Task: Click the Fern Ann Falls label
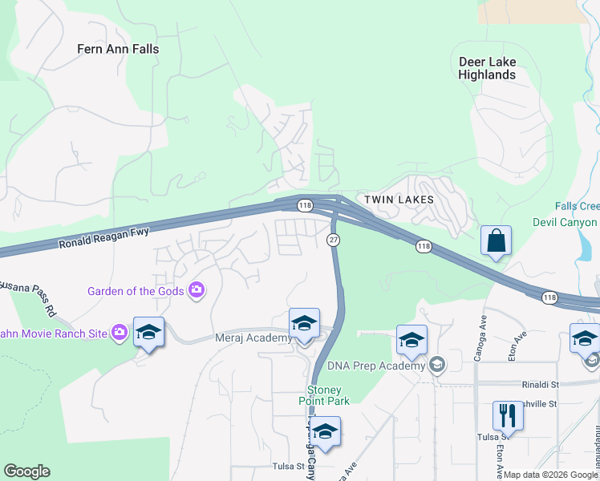118,49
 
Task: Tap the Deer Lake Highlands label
487,68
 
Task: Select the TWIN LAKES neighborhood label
399,199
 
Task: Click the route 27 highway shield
332,240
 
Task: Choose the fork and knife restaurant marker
507,415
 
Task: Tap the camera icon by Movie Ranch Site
120,331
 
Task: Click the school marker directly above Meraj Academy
304,323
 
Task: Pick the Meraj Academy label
254,338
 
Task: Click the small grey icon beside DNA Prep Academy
436,366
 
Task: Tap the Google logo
26,471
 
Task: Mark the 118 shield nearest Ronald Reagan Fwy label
305,206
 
